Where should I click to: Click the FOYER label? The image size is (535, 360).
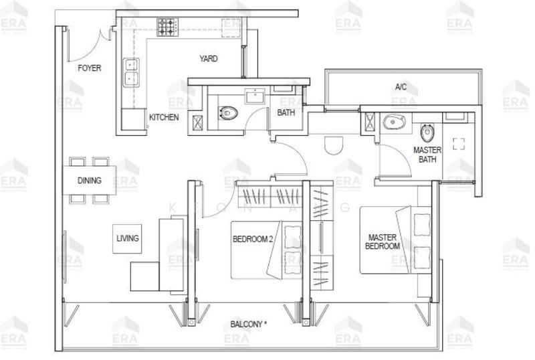[x=89, y=68]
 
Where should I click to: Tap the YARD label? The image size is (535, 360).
[x=208, y=59]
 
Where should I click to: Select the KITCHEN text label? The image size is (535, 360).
[x=163, y=117]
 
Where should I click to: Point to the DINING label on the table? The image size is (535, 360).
[x=89, y=181]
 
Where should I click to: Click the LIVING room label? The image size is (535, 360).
[x=127, y=238]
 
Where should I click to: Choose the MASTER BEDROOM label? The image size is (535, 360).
[x=383, y=242]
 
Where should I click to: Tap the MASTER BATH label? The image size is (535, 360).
[x=426, y=155]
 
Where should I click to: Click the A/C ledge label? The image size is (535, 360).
[x=401, y=87]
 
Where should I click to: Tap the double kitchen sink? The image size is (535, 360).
[x=131, y=72]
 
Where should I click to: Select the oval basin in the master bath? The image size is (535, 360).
[x=393, y=122]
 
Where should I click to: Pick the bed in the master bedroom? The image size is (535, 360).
[x=395, y=240]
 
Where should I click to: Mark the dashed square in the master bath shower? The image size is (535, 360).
[x=459, y=143]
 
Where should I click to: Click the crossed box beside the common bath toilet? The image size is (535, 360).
[x=197, y=122]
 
